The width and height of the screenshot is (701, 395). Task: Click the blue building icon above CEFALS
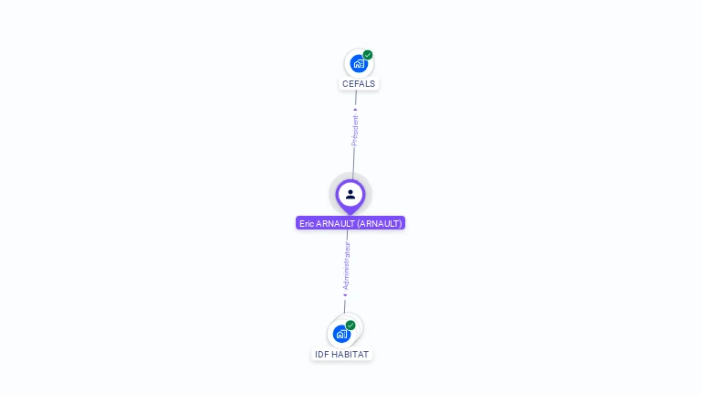[358, 64]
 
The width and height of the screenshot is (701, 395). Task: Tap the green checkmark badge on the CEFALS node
[368, 55]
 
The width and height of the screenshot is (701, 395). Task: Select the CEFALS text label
[359, 84]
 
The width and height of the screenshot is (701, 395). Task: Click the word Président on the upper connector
[355, 131]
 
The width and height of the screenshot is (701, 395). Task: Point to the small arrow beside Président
[356, 111]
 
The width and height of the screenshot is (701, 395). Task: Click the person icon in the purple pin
[350, 194]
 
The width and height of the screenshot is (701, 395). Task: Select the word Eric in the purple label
[307, 223]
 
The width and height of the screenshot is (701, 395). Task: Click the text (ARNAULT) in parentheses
[379, 223]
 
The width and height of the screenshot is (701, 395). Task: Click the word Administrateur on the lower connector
[346, 266]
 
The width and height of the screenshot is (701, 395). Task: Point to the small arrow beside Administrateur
[345, 294]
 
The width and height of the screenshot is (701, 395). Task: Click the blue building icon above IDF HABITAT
[341, 335]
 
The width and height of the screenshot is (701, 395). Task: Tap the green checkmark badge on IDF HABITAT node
[350, 326]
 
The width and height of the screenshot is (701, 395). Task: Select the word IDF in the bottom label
[321, 355]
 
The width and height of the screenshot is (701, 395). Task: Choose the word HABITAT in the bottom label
[350, 355]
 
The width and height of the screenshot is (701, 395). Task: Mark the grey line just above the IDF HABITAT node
[345, 306]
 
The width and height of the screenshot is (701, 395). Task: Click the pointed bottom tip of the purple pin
[350, 213]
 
